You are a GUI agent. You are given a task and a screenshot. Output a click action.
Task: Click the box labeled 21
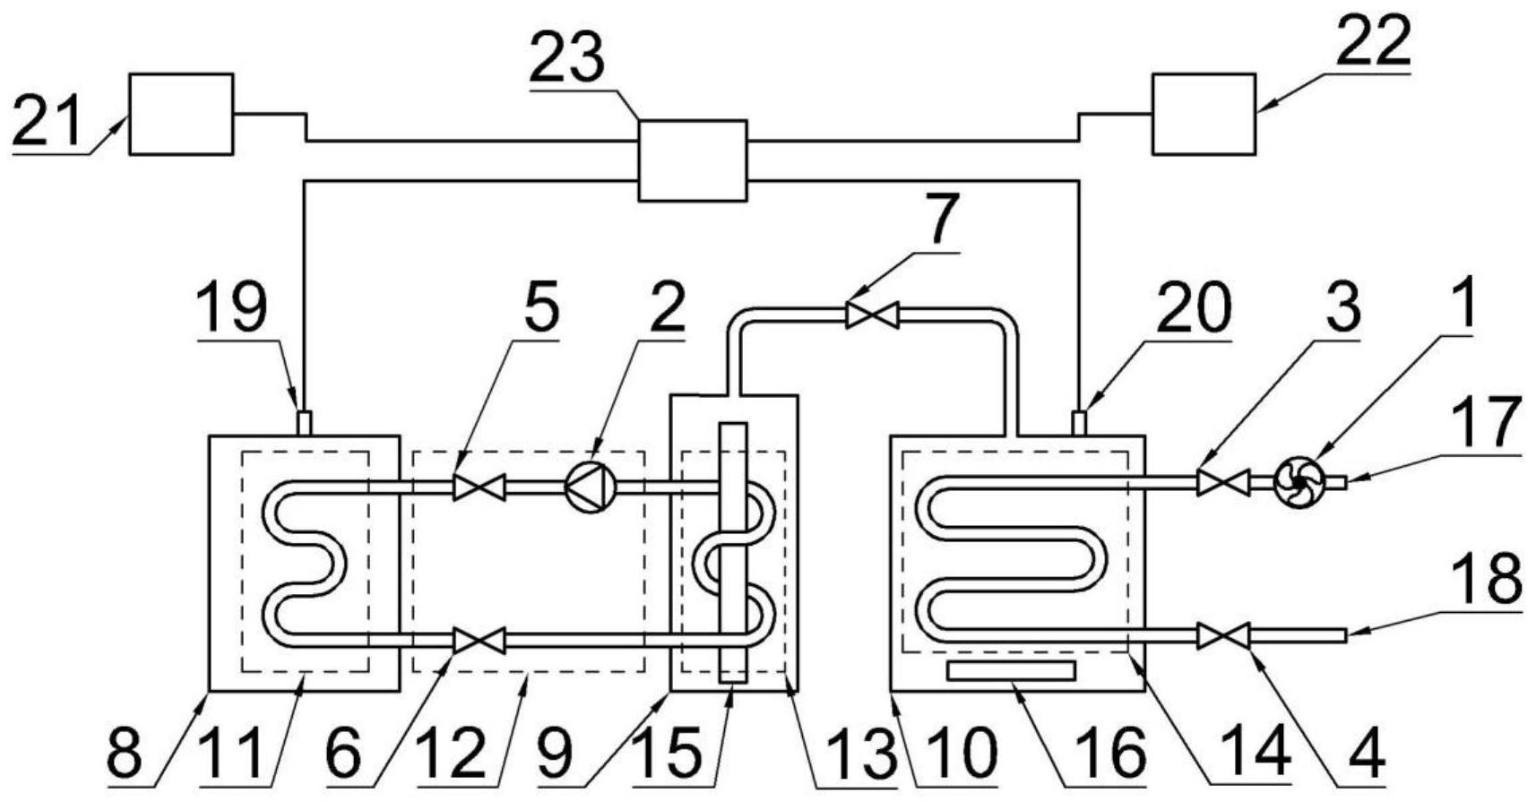pyautogui.click(x=181, y=114)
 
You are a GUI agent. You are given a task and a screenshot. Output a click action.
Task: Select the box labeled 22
pyautogui.click(x=1203, y=114)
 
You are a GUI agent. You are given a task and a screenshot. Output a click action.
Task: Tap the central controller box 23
pyautogui.click(x=691, y=160)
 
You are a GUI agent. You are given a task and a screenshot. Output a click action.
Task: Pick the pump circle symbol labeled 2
pyautogui.click(x=591, y=487)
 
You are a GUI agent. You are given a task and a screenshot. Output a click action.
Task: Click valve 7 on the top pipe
pyautogui.click(x=872, y=315)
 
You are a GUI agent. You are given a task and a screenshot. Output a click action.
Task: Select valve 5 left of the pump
pyautogui.click(x=479, y=487)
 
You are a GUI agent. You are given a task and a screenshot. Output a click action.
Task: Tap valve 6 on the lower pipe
pyautogui.click(x=479, y=640)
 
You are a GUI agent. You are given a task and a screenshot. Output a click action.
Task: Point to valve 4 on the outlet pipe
pyautogui.click(x=1223, y=636)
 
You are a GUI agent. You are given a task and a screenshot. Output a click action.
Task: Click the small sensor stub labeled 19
pyautogui.click(x=304, y=423)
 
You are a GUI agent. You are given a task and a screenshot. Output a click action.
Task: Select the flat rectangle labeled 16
pyautogui.click(x=1010, y=670)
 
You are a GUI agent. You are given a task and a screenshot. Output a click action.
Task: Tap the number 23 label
pyautogui.click(x=566, y=59)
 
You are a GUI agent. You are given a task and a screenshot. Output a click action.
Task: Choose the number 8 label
pyautogui.click(x=125, y=754)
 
